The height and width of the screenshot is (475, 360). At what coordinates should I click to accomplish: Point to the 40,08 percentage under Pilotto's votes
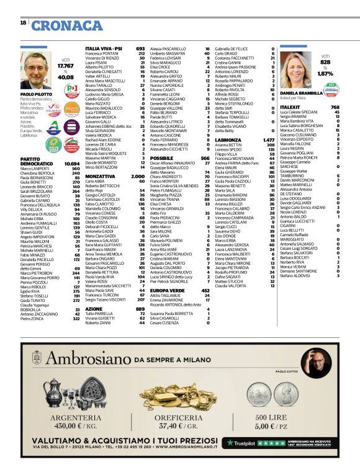coord(65,78)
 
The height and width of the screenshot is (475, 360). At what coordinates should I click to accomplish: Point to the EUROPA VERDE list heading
coord(167,290)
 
